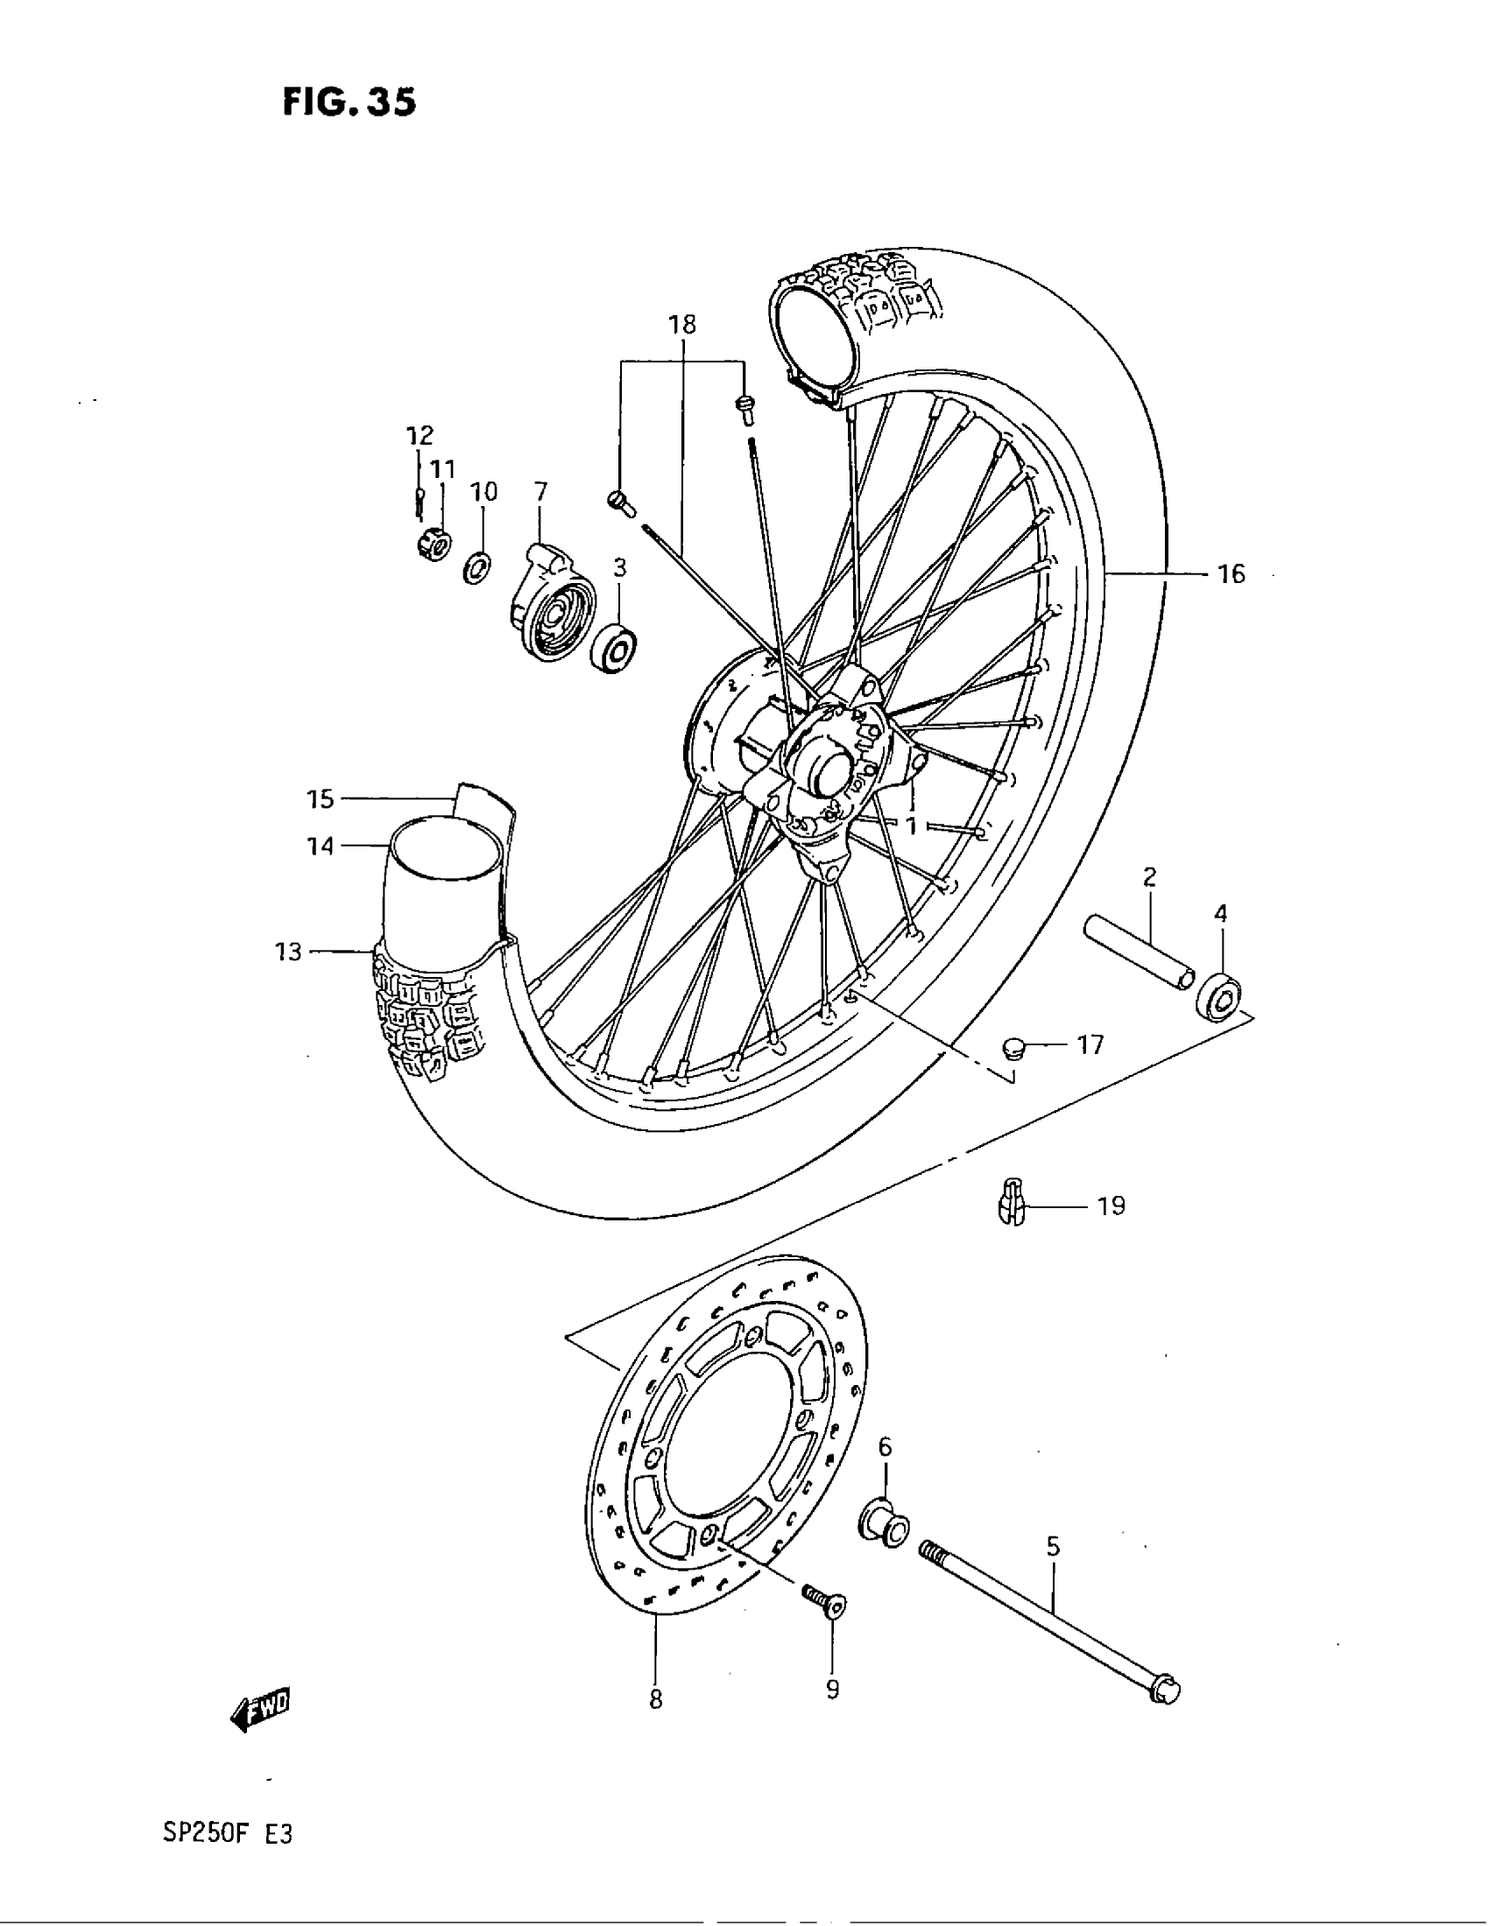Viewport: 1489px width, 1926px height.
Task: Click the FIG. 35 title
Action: pyautogui.click(x=349, y=103)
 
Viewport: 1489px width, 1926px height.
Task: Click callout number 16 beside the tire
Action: pyautogui.click(x=1231, y=574)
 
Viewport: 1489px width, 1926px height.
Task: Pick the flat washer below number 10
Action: pyautogui.click(x=478, y=567)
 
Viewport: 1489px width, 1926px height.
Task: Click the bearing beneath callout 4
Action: pyautogui.click(x=1218, y=995)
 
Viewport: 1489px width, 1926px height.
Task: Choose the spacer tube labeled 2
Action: pyautogui.click(x=1140, y=953)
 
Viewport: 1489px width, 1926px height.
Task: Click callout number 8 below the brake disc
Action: pyautogui.click(x=655, y=1699)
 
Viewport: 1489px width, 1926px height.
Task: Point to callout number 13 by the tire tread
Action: pyautogui.click(x=288, y=952)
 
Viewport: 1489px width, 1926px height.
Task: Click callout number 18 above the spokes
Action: pyautogui.click(x=681, y=325)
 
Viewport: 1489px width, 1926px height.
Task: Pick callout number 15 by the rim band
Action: pyautogui.click(x=321, y=799)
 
